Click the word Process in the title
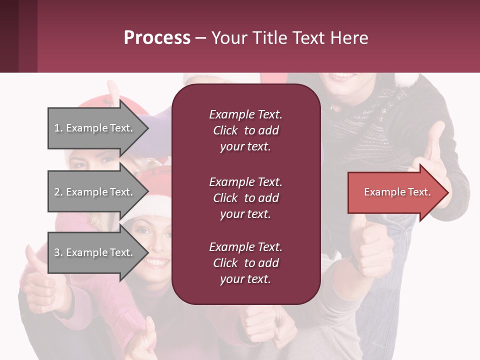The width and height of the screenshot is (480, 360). [x=157, y=38]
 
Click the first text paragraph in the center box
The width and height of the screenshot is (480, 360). [x=245, y=130]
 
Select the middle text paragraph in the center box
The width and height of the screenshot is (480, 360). [x=245, y=198]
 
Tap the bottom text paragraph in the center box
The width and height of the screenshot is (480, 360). [x=245, y=263]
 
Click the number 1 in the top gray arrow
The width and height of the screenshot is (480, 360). [x=57, y=128]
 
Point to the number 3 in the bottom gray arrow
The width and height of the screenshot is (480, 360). [x=57, y=252]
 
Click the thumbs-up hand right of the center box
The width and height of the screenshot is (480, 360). [x=372, y=245]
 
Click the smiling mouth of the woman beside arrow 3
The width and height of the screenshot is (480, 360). [x=156, y=262]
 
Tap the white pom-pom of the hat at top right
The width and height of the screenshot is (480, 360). [x=407, y=79]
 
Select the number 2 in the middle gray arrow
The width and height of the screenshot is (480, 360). [x=57, y=192]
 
